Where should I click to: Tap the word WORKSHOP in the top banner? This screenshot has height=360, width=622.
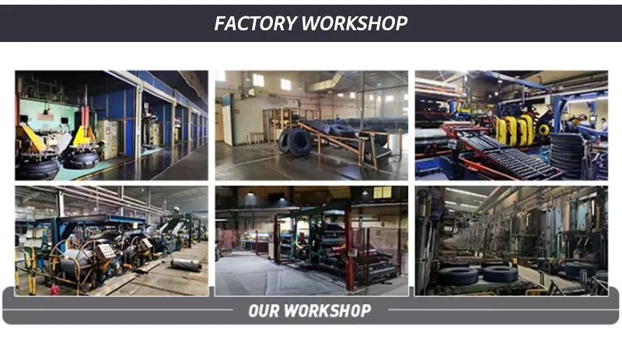tap(355, 23)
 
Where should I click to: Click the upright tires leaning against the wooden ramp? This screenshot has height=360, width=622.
tap(295, 142)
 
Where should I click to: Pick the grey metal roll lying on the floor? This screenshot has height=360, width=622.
tap(186, 265)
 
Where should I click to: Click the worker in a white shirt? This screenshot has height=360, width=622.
tap(603, 124)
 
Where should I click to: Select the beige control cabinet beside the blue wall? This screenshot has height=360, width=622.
tap(107, 138)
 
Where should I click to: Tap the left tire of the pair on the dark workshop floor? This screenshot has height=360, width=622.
tap(458, 274)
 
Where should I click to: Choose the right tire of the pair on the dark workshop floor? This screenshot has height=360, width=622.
tap(499, 273)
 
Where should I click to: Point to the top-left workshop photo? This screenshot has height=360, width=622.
tap(111, 125)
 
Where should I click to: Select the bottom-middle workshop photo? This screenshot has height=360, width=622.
tap(311, 240)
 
